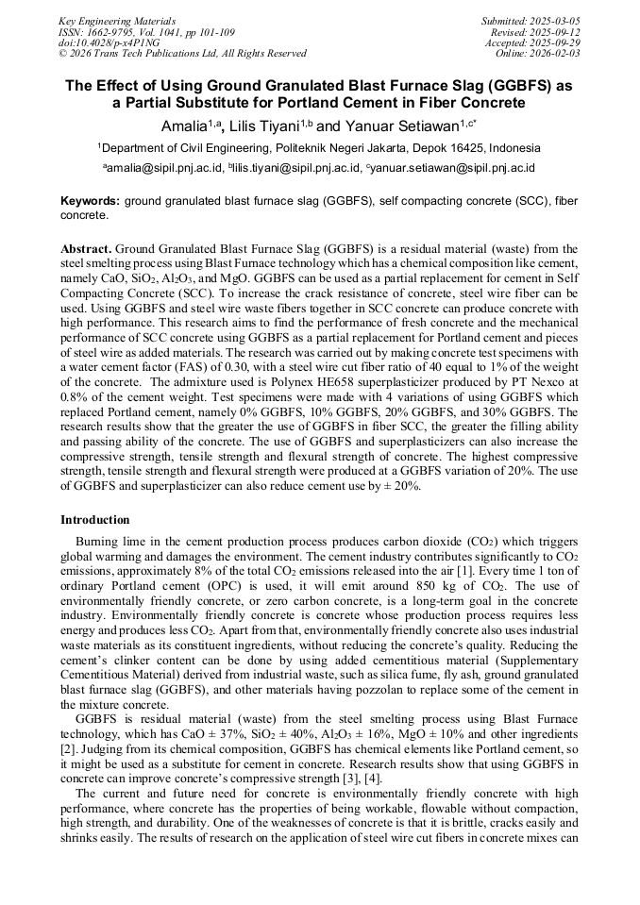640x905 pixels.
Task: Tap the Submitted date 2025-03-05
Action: tap(555, 21)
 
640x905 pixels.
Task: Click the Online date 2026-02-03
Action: tap(555, 54)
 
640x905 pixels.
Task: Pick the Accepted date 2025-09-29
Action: tap(555, 42)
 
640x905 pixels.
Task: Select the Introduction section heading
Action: tap(95, 520)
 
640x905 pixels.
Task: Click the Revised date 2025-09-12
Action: tap(555, 31)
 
